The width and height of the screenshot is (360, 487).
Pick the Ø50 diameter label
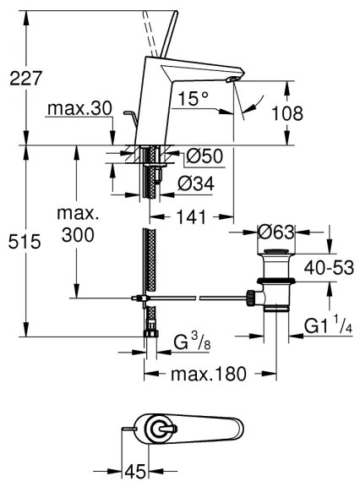tap(204, 156)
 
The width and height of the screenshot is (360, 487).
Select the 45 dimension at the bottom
tap(134, 470)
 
